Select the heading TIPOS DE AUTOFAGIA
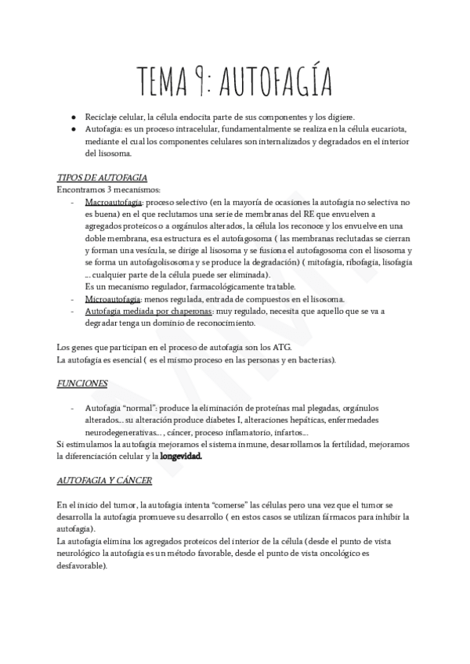point(103,178)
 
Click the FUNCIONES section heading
point(82,384)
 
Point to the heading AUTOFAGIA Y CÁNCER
point(104,479)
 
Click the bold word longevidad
point(181,456)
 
